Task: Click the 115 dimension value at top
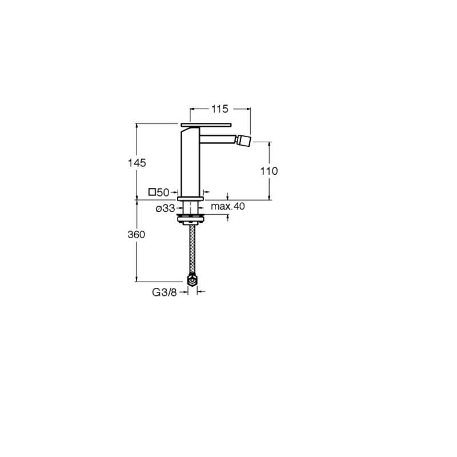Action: (220, 109)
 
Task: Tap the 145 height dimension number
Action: (137, 163)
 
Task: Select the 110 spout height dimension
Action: (269, 171)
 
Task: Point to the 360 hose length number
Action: (137, 235)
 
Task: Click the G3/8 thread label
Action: (165, 292)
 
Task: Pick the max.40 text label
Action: (228, 206)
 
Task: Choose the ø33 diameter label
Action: (165, 209)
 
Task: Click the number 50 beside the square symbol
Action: (163, 193)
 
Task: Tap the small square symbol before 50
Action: (152, 192)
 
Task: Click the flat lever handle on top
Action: (206, 125)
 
